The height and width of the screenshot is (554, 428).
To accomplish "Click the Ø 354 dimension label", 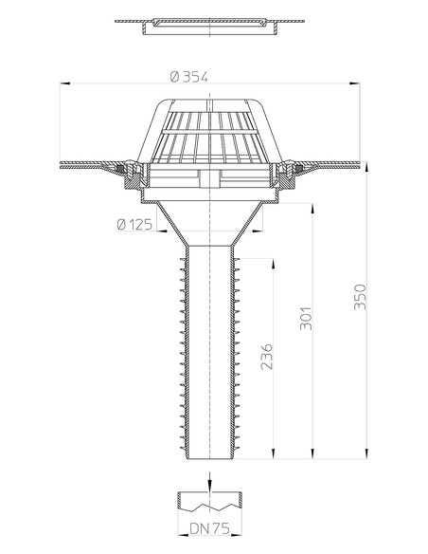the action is (189, 77).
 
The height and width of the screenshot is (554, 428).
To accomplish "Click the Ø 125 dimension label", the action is (134, 224).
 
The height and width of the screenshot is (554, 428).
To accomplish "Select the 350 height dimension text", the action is (360, 297).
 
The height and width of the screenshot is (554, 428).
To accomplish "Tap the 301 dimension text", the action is (306, 318).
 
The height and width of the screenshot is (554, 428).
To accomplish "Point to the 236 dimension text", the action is (266, 357).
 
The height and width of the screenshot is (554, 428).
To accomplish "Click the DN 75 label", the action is (210, 529).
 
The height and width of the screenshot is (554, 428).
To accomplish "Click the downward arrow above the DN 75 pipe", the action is (210, 482).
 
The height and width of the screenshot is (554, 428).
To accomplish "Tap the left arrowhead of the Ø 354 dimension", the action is (65, 83).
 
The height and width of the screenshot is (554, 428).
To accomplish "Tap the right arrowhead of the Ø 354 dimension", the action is (355, 83).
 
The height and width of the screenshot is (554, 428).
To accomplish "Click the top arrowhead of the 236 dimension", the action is (273, 265).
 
